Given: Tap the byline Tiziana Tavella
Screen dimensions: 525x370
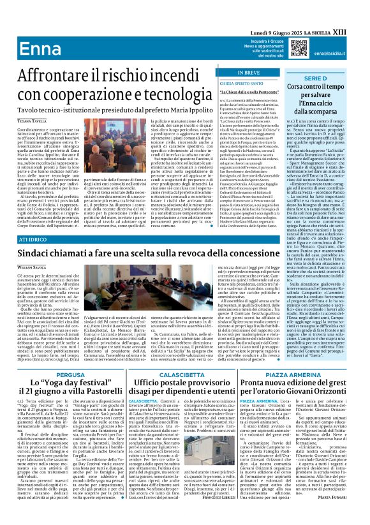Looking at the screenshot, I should pos(22,119).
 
